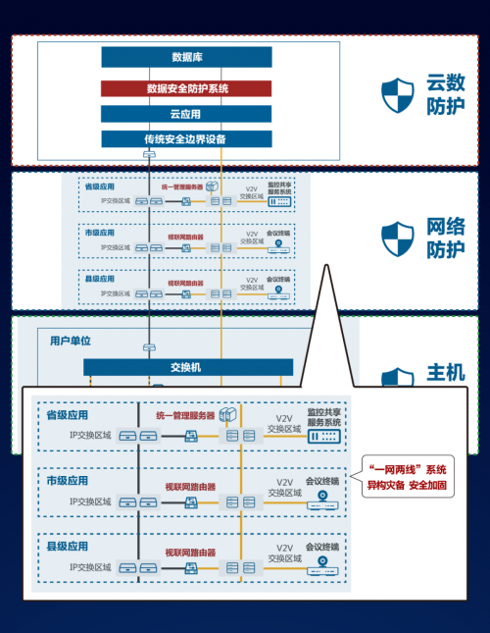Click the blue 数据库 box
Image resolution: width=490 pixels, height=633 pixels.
[186, 57]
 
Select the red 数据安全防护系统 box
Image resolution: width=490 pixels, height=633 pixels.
[186, 88]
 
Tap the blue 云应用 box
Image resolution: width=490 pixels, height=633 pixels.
[186, 114]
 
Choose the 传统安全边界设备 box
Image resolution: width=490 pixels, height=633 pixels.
[186, 139]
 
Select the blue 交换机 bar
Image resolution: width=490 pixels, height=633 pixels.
[186, 367]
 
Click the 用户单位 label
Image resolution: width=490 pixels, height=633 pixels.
[71, 341]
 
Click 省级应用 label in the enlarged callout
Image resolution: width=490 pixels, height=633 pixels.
[68, 415]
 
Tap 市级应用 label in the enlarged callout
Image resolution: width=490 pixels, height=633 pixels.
[68, 482]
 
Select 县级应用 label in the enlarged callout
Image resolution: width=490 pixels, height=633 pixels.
[68, 546]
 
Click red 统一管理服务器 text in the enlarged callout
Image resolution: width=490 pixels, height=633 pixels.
[187, 416]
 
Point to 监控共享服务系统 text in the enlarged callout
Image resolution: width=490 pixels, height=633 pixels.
[322, 418]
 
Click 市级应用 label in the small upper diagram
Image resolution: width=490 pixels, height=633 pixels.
[99, 233]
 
